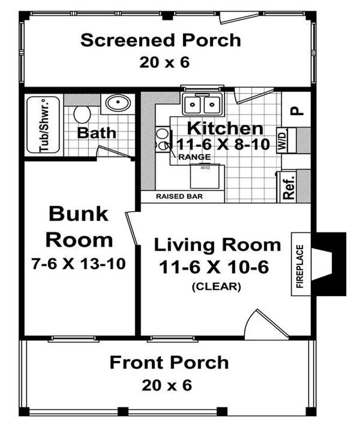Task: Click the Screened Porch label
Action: (x=161, y=40)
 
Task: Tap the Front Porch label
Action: (x=169, y=362)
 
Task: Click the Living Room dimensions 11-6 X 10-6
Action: (x=214, y=267)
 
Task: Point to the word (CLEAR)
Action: (x=216, y=286)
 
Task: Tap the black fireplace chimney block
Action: (x=333, y=264)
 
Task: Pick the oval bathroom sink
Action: (x=117, y=104)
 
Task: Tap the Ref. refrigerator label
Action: (x=288, y=186)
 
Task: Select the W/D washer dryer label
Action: (x=282, y=141)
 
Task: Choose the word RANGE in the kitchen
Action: (x=194, y=157)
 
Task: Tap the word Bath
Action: (x=97, y=133)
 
